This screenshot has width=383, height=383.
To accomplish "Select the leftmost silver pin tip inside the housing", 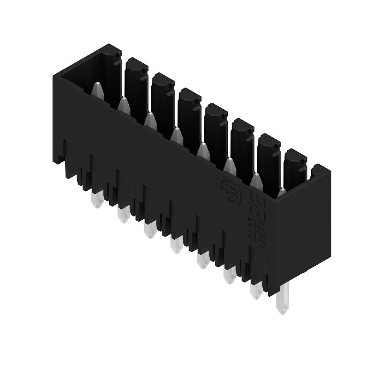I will [98, 89].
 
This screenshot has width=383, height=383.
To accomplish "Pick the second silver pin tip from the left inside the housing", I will [124, 104].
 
